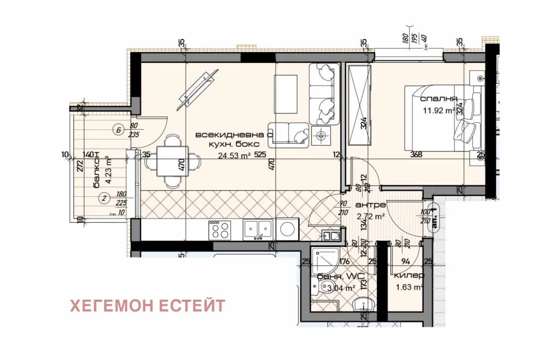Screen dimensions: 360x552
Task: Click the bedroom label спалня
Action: pos(439,99)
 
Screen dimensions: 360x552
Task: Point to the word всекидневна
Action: pos(222,134)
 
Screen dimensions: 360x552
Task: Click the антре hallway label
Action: pos(370,205)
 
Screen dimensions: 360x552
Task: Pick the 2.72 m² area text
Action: pos(370,217)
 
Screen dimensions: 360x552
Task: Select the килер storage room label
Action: pos(409,275)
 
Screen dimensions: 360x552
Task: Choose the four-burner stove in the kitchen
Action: pos(219,230)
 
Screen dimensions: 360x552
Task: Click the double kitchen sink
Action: pos(257,230)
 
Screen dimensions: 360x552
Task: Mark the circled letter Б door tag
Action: pos(118,129)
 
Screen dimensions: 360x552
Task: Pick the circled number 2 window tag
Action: pos(103,197)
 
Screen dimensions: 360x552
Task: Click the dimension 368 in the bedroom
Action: pos(416,155)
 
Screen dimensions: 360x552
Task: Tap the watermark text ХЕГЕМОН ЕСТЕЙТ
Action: pos(147,306)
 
